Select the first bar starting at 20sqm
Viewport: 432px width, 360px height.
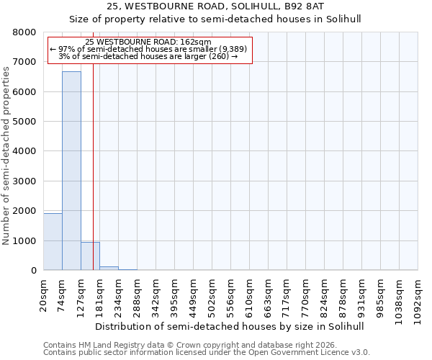(x=53, y=242)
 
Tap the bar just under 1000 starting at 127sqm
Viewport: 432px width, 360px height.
(x=90, y=256)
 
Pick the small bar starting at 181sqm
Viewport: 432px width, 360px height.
(x=109, y=269)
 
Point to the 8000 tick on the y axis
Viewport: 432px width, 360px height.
(x=24, y=32)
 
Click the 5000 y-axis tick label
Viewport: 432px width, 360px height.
(x=24, y=122)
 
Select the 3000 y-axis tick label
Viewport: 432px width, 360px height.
(x=24, y=181)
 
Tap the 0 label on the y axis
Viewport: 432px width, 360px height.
(x=33, y=271)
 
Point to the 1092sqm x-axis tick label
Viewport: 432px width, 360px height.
(x=418, y=296)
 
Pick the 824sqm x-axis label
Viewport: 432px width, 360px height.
(x=325, y=294)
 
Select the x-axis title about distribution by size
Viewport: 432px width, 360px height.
(x=230, y=326)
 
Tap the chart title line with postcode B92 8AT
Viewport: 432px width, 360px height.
(x=215, y=6)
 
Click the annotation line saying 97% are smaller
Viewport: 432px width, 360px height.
(x=148, y=49)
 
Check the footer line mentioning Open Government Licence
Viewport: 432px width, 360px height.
(x=207, y=353)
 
